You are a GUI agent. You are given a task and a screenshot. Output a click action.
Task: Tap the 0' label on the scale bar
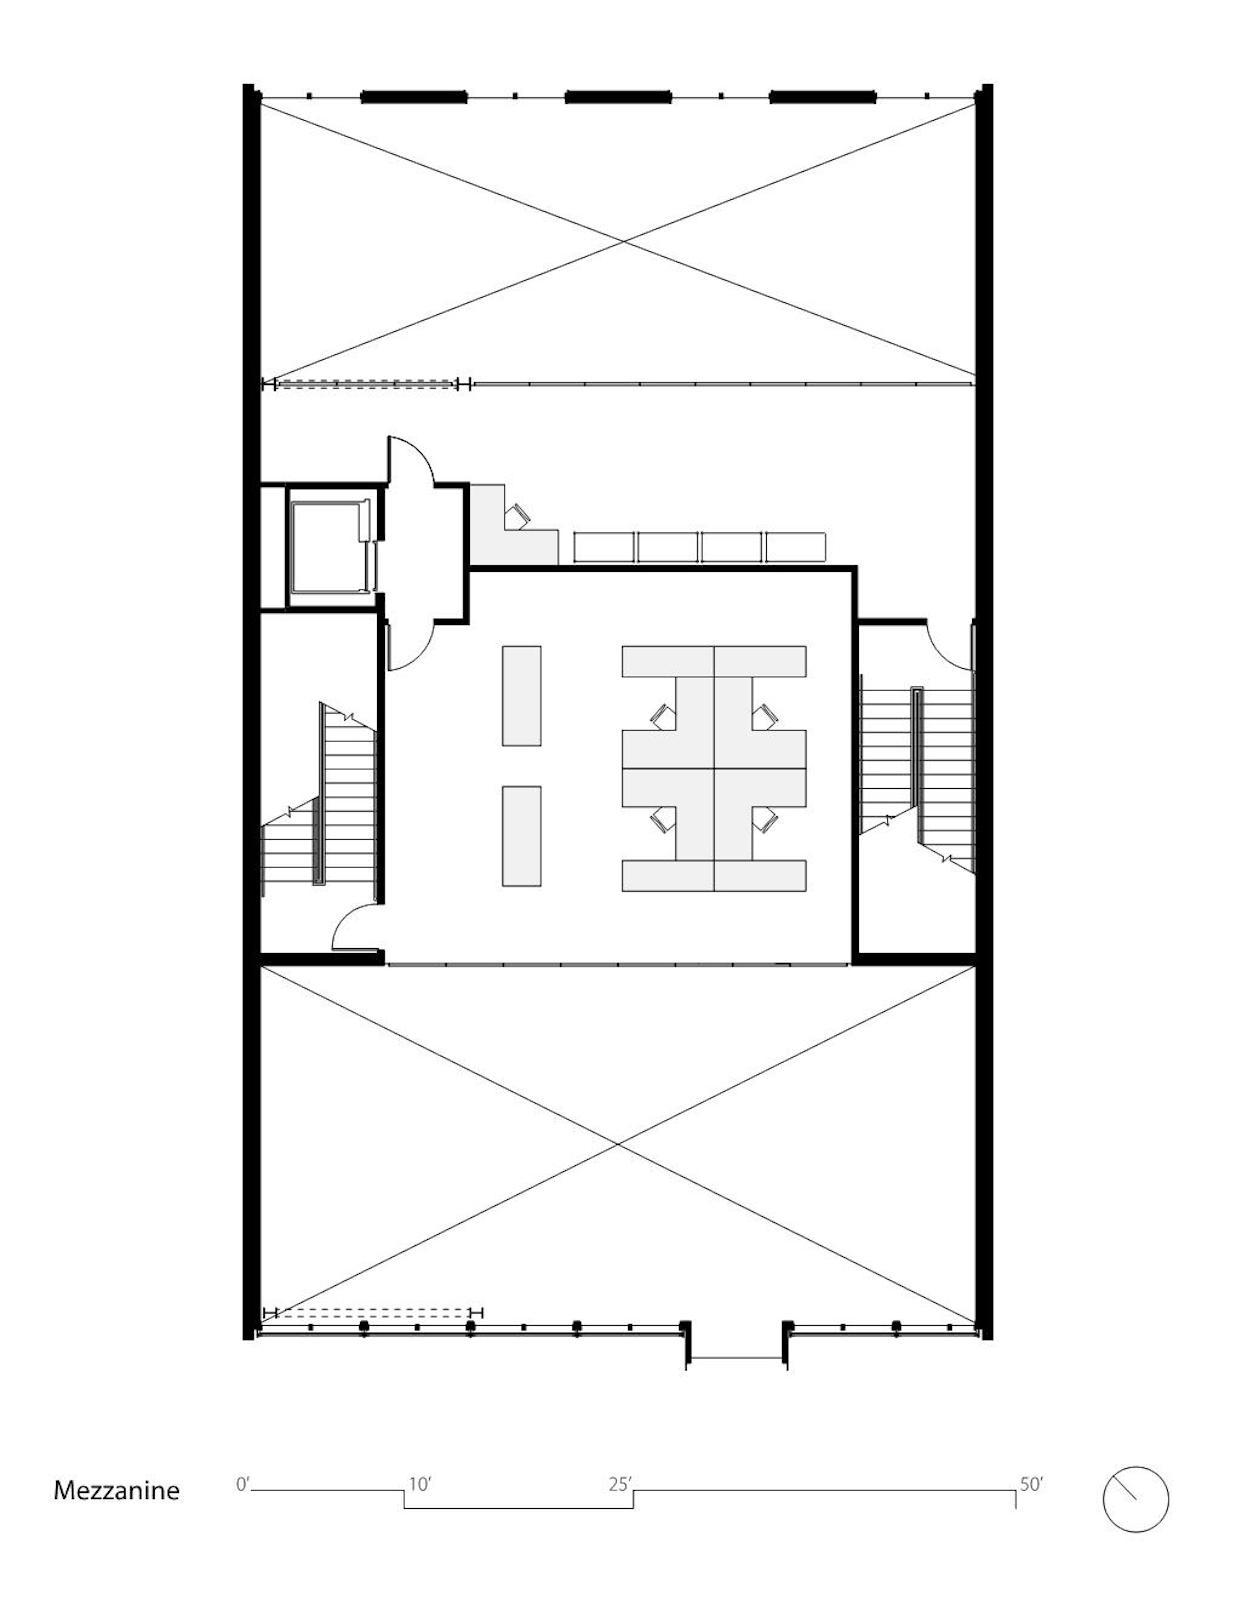[243, 1479]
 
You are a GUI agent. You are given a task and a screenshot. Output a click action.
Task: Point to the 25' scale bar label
[621, 1479]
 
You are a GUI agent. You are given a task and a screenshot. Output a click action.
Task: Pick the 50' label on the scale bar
[1032, 1480]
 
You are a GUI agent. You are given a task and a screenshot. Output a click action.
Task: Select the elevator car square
[329, 546]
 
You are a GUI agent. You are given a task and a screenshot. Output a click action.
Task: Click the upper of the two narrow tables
[522, 696]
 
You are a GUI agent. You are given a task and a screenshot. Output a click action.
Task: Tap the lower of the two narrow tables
[522, 836]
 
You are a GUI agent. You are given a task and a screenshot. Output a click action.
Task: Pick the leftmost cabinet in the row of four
[604, 547]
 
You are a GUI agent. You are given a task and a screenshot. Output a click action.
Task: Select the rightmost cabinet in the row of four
[796, 547]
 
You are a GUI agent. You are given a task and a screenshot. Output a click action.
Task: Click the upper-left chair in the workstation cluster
[663, 716]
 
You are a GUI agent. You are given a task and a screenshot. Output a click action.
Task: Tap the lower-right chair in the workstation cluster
[766, 820]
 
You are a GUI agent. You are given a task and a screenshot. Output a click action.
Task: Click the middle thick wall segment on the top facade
[618, 96]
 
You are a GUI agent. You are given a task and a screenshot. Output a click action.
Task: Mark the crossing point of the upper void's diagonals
[623, 242]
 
